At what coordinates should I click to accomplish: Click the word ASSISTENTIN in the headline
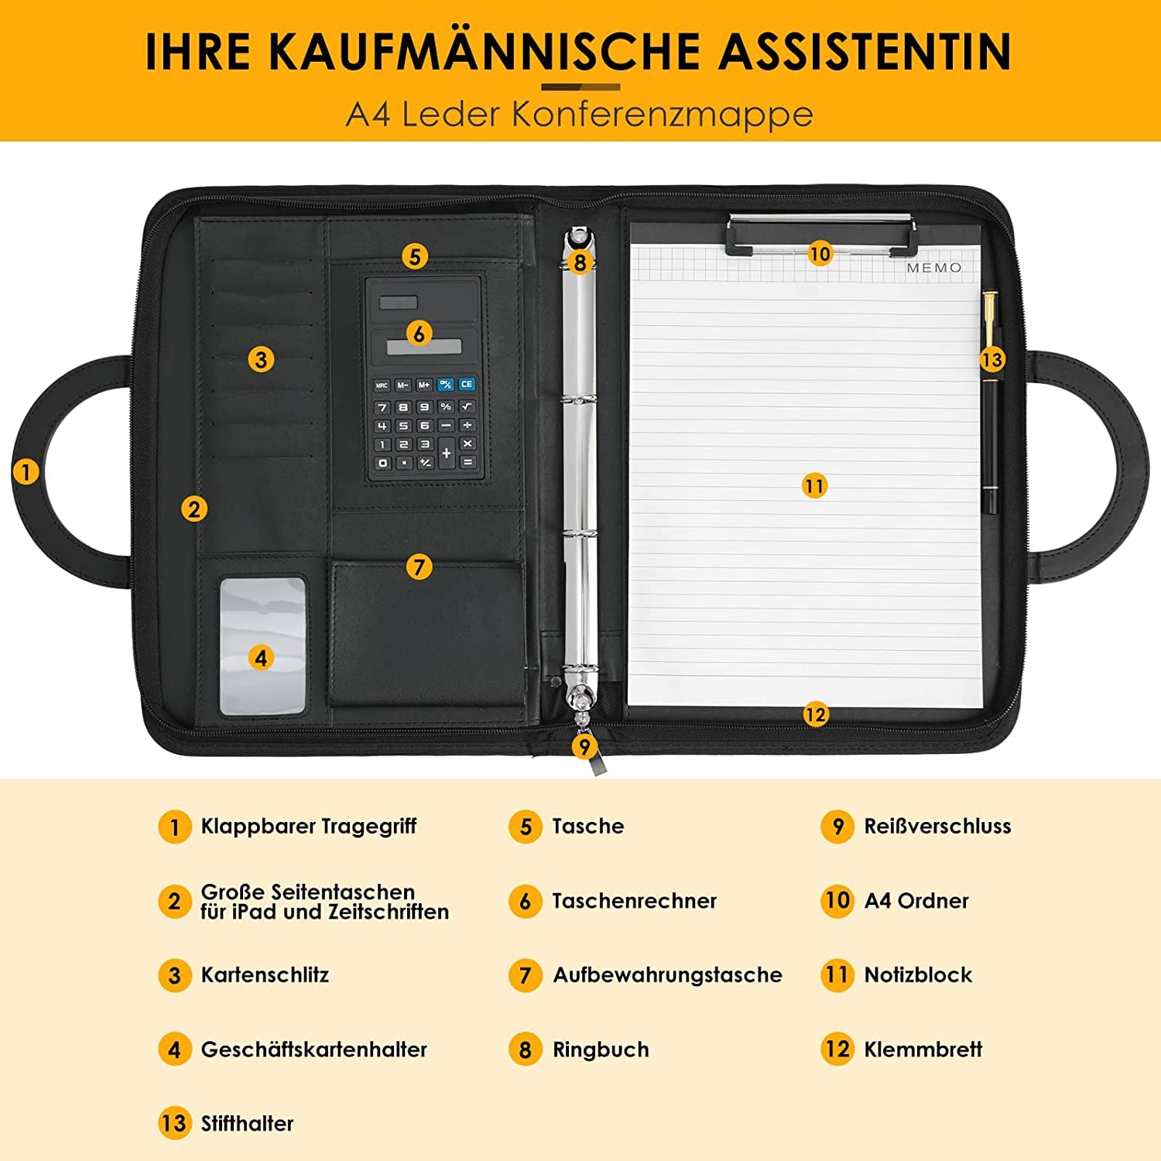[x=865, y=51]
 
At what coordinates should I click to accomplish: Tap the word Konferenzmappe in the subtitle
[x=662, y=115]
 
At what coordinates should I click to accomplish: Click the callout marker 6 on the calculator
[x=419, y=334]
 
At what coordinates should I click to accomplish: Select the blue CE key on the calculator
[x=466, y=384]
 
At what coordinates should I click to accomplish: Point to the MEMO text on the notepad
[x=934, y=268]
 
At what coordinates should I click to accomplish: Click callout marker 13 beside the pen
[x=991, y=359]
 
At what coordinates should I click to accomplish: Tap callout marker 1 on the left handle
[x=26, y=471]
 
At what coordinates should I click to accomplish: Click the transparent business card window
[x=262, y=645]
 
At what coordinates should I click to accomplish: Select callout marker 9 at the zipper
[x=584, y=746]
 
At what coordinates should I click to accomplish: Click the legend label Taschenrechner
[x=634, y=901]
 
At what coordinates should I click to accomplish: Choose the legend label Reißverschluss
[x=937, y=826]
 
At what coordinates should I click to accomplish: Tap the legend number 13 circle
[x=174, y=1123]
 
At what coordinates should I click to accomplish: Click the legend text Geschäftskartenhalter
[x=313, y=1050]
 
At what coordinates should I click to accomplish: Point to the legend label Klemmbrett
[x=923, y=1050]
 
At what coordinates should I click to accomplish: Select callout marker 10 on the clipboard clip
[x=820, y=253]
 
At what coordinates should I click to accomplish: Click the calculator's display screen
[x=424, y=347]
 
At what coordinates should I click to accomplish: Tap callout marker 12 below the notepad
[x=815, y=714]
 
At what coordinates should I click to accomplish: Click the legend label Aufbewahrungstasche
[x=667, y=975]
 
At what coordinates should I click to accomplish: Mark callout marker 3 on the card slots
[x=261, y=359]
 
